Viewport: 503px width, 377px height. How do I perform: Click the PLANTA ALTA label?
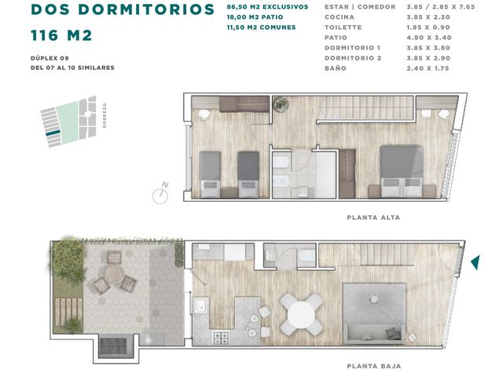tap(373, 218)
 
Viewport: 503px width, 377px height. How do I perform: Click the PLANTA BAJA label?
tap(374, 366)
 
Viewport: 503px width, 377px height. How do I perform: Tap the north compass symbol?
tap(160, 194)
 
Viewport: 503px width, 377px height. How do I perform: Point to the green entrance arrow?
tap(475, 262)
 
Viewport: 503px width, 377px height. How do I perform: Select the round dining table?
tap(301, 314)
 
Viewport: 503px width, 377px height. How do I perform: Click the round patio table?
tap(114, 276)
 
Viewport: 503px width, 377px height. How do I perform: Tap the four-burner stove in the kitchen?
tap(222, 338)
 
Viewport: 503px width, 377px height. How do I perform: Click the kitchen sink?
tap(200, 304)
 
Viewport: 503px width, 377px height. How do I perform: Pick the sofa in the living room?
tap(375, 332)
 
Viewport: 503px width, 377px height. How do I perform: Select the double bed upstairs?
tap(402, 171)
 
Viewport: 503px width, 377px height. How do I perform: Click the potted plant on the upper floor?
tap(281, 104)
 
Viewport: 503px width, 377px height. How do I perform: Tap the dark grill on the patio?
tap(113, 347)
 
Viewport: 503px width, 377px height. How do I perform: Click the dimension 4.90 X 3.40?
tap(429, 38)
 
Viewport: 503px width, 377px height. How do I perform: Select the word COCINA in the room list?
tap(340, 17)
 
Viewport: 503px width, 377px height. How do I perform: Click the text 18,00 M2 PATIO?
tap(255, 17)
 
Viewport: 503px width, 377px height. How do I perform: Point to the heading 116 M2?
tap(61, 35)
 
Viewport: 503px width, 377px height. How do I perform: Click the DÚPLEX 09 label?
tap(50, 58)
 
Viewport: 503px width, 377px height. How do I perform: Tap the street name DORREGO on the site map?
tap(105, 115)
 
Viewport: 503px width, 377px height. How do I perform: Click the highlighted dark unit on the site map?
tap(53, 133)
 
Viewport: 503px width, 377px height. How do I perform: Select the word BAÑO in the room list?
tap(336, 68)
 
